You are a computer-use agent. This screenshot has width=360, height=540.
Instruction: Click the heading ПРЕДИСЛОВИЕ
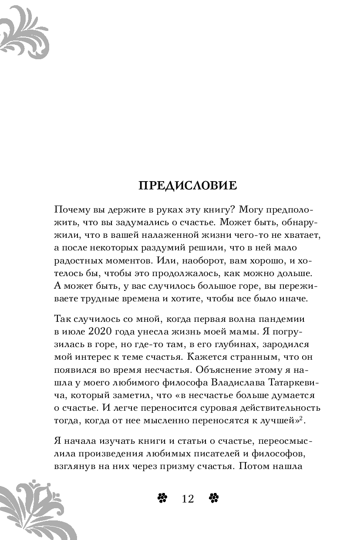click(188, 186)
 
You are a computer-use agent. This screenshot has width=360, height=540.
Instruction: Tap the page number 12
click(188, 499)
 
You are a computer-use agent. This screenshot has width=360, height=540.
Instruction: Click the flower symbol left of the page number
click(162, 499)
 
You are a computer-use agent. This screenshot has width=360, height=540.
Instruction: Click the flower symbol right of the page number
click(214, 499)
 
